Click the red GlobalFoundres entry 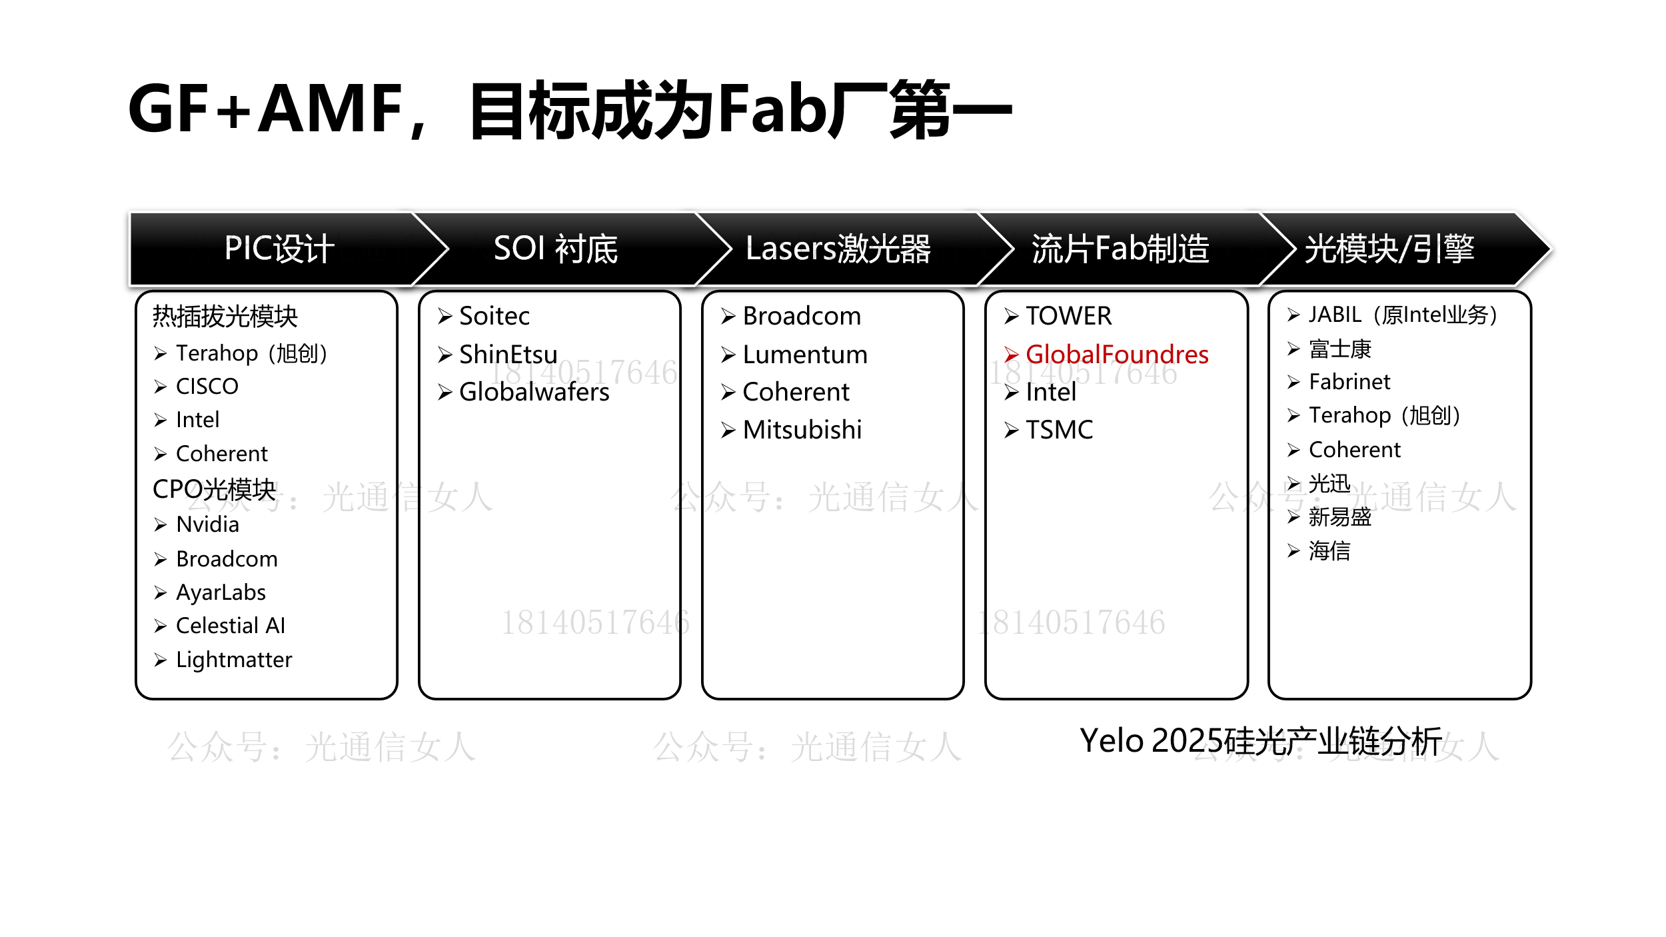click(1116, 355)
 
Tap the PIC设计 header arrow click(279, 249)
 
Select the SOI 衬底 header click(556, 249)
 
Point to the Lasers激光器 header click(838, 249)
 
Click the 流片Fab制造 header click(1120, 249)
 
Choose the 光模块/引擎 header click(1389, 249)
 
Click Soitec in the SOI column click(494, 316)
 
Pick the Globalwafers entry click(534, 392)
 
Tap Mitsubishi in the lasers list click(802, 430)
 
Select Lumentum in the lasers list click(805, 355)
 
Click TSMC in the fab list click(1059, 430)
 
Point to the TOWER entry click(1068, 316)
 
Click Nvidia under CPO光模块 click(207, 524)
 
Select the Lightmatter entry click(234, 660)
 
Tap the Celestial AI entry click(231, 626)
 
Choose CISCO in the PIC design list click(207, 387)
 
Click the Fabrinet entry click(1349, 382)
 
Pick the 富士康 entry click(1339, 349)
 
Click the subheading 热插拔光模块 click(225, 316)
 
